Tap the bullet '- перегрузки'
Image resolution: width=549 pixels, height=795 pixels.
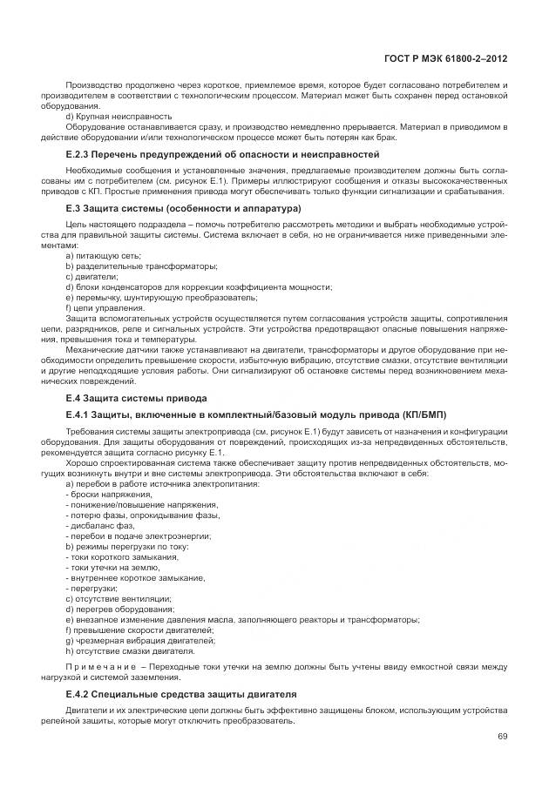(91, 588)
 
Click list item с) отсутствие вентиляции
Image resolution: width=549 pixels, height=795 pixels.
(119, 598)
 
